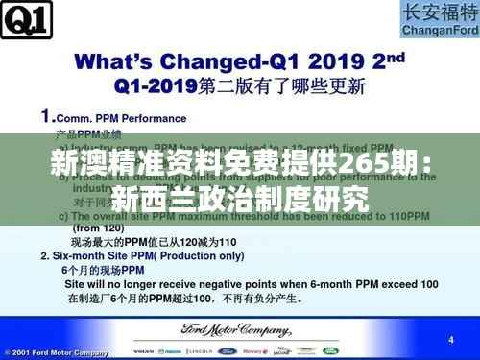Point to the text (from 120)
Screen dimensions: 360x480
pyautogui.click(x=99, y=231)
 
